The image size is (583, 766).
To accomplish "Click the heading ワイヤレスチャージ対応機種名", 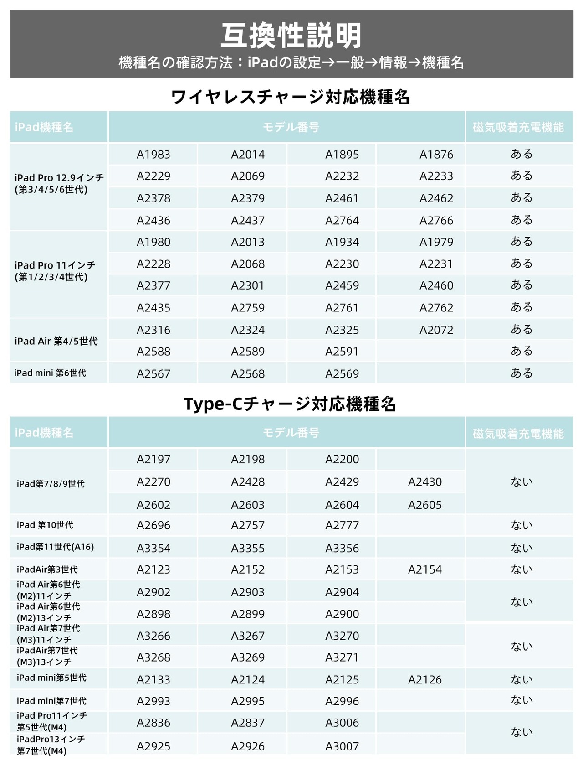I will (291, 97).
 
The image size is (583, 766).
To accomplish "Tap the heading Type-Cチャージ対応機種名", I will (290, 404).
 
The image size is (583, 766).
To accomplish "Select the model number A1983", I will (153, 155).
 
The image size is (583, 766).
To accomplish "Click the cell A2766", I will (436, 221).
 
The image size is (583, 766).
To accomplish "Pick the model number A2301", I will (248, 286).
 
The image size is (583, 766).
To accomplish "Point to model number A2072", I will (436, 330).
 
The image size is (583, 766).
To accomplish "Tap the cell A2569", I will (342, 374).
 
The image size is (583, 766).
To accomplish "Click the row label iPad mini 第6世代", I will (50, 373).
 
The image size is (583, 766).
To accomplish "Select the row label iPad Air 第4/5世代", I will (56, 341).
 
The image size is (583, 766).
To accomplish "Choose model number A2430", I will (425, 482).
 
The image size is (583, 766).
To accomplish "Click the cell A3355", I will (248, 548).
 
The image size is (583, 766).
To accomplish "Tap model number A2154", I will (425, 569).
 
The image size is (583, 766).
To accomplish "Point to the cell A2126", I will (425, 680).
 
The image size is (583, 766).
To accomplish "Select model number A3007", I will (342, 746).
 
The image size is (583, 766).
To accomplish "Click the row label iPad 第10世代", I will (45, 525).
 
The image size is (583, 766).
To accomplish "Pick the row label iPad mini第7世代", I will (51, 701).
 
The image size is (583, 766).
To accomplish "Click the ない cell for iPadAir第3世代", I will (522, 569).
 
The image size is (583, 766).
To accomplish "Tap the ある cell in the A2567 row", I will (522, 373).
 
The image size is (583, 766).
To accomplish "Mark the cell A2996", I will (342, 701).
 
